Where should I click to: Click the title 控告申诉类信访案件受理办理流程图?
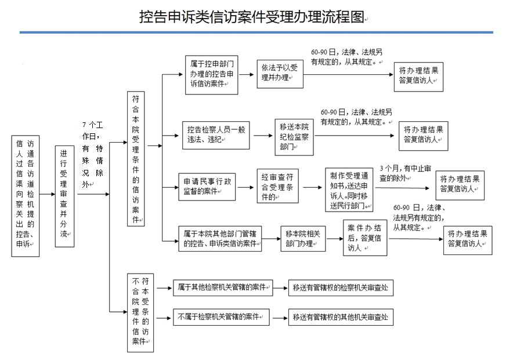coord(252,17)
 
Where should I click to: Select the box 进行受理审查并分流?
coord(64,197)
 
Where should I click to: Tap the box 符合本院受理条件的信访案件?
coord(136,159)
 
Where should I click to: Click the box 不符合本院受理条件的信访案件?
coord(140,312)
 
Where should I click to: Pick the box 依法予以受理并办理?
coord(280,74)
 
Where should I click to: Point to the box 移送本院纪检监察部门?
coord(294,137)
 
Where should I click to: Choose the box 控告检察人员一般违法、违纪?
coord(216,136)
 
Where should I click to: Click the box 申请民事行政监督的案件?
coord(207,187)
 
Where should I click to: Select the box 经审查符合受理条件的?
coord(277,186)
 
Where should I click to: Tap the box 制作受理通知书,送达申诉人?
coord(349,190)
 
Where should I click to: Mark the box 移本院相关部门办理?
coord(303,239)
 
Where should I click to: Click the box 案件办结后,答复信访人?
coord(365,238)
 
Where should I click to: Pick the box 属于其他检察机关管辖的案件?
coord(223,288)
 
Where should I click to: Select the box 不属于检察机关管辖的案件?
coord(221,317)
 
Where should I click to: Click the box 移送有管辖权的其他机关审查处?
coord(341,317)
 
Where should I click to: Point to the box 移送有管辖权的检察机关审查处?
coord(341,288)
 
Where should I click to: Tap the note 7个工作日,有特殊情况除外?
coord(93,154)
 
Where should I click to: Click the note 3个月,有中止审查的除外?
coord(405,173)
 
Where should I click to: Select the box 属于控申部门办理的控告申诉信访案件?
coord(211,75)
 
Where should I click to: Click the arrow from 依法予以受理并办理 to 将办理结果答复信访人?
coord(349,74)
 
